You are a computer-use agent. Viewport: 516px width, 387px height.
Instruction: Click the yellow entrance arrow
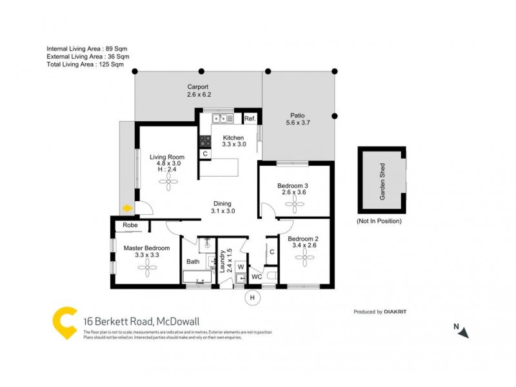point(127,208)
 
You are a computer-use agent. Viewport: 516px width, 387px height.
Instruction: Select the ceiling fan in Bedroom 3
point(296,205)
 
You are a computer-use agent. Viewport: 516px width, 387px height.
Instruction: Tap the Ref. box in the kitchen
point(250,119)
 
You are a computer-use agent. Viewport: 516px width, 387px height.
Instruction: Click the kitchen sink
point(223,119)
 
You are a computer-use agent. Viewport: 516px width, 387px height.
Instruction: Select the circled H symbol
point(252,297)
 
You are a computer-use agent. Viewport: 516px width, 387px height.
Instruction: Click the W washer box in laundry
point(239,266)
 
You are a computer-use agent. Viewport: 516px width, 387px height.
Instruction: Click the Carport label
point(199,86)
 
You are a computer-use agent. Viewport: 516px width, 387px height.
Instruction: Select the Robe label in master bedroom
point(130,226)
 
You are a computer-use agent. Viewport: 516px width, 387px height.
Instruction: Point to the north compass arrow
point(464,332)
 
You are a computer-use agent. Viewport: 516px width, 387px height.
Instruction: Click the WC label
point(256,277)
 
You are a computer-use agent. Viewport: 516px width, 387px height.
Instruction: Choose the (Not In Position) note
point(379,221)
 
